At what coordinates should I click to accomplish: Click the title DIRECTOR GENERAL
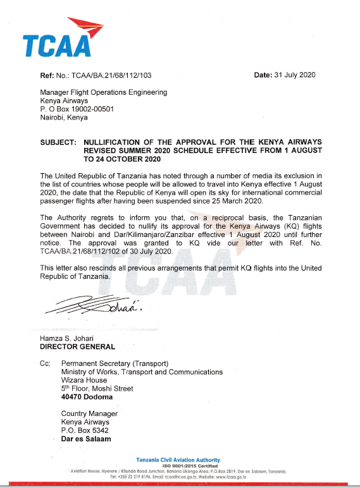[77, 346]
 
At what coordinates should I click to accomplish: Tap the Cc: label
[45, 363]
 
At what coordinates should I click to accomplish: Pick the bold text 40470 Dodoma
[87, 397]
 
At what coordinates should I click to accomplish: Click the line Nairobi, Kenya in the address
[64, 117]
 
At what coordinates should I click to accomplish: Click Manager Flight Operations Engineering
[104, 92]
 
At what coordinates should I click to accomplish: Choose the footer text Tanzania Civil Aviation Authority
[178, 460]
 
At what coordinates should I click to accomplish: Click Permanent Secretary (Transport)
[115, 363]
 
